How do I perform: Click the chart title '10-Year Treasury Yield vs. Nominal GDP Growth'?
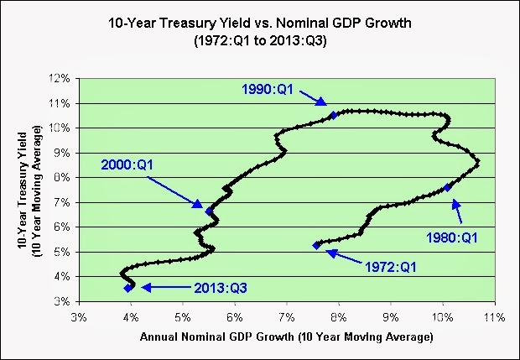259,24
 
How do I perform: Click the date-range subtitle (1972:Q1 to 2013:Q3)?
259,42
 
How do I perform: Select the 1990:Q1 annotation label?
266,88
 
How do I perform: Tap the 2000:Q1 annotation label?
127,164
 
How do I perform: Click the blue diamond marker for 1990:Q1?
333,115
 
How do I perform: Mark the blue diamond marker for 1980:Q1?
448,187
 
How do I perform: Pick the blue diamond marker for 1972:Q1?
316,245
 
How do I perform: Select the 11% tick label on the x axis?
493,318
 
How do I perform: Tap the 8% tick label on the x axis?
338,318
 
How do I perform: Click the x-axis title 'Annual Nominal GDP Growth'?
285,337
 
